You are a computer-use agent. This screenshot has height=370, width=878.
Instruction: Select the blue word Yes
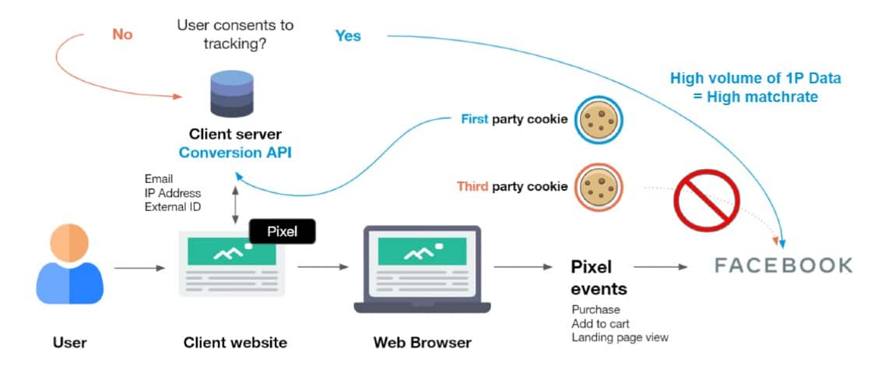[348, 35]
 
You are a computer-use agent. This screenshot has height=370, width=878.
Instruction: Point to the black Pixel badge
[283, 231]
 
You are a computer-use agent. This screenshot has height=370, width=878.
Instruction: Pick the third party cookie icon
[599, 187]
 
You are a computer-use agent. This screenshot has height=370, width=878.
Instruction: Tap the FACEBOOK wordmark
[783, 266]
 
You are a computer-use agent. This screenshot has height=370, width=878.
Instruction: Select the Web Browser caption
[422, 343]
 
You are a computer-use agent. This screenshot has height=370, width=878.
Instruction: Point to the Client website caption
[235, 343]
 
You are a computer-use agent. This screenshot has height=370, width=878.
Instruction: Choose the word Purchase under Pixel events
[595, 309]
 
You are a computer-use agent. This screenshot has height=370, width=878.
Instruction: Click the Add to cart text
[600, 323]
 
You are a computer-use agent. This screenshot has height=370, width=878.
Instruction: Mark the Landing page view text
[619, 337]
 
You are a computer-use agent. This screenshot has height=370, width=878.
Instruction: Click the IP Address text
[173, 192]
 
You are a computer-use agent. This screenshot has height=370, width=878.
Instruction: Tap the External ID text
[173, 206]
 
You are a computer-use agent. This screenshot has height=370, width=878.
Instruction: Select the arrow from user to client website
[139, 269]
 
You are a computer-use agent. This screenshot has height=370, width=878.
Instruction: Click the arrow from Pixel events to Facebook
[661, 266]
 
